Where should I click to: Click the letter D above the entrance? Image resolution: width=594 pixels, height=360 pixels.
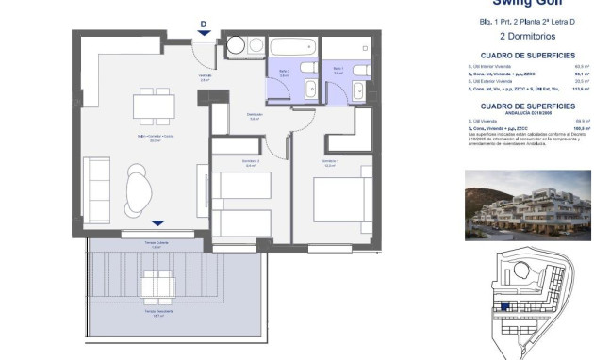click(204, 25)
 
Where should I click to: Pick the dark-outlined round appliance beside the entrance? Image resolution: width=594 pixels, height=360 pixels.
click(237, 45)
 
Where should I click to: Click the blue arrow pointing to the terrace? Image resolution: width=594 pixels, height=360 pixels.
click(157, 223)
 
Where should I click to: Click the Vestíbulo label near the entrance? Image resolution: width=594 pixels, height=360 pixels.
click(203, 76)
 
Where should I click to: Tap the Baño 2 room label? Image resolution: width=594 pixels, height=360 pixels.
click(284, 72)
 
